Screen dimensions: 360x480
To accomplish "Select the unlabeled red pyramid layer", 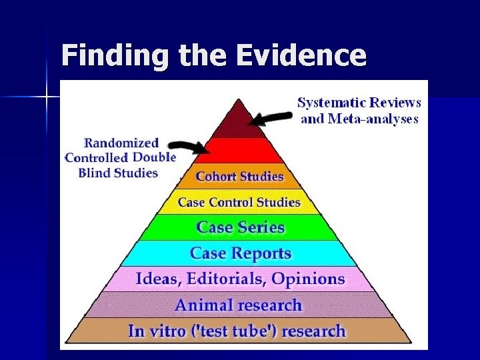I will pyautogui.click(x=239, y=151).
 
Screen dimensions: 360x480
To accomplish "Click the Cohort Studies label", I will pyautogui.click(x=239, y=177).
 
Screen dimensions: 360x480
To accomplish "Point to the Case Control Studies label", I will pyautogui.click(x=239, y=202).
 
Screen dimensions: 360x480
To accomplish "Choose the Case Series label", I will pyautogui.click(x=241, y=227).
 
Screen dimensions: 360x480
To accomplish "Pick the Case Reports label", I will pyautogui.click(x=241, y=253).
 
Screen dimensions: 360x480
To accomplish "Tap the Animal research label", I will pyautogui.click(x=238, y=305).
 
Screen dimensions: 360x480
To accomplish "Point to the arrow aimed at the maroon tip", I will pyautogui.click(x=271, y=118).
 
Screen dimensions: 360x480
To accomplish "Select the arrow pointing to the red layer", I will pyautogui.click(x=187, y=146).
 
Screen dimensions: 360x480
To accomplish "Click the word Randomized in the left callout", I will pyautogui.click(x=121, y=142).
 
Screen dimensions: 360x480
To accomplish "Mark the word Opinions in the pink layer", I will pyautogui.click(x=313, y=279).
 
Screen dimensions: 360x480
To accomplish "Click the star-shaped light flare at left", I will pyautogui.click(x=47, y=97).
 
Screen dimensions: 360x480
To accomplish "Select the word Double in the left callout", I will pyautogui.click(x=154, y=157).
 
